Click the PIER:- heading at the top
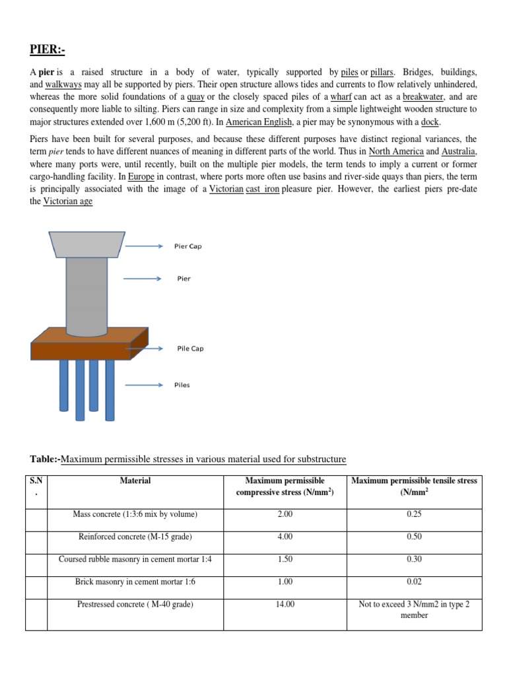48,50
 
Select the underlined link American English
257,123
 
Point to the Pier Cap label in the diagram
188,246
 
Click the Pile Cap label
190,349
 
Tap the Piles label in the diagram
182,385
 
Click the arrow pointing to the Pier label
142,279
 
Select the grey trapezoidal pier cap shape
86,244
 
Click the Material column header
135,481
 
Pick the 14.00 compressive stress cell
285,604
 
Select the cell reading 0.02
414,582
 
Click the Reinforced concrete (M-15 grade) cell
135,537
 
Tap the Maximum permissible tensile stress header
414,487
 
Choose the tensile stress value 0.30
414,559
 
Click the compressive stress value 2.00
285,514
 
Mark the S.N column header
37,487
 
